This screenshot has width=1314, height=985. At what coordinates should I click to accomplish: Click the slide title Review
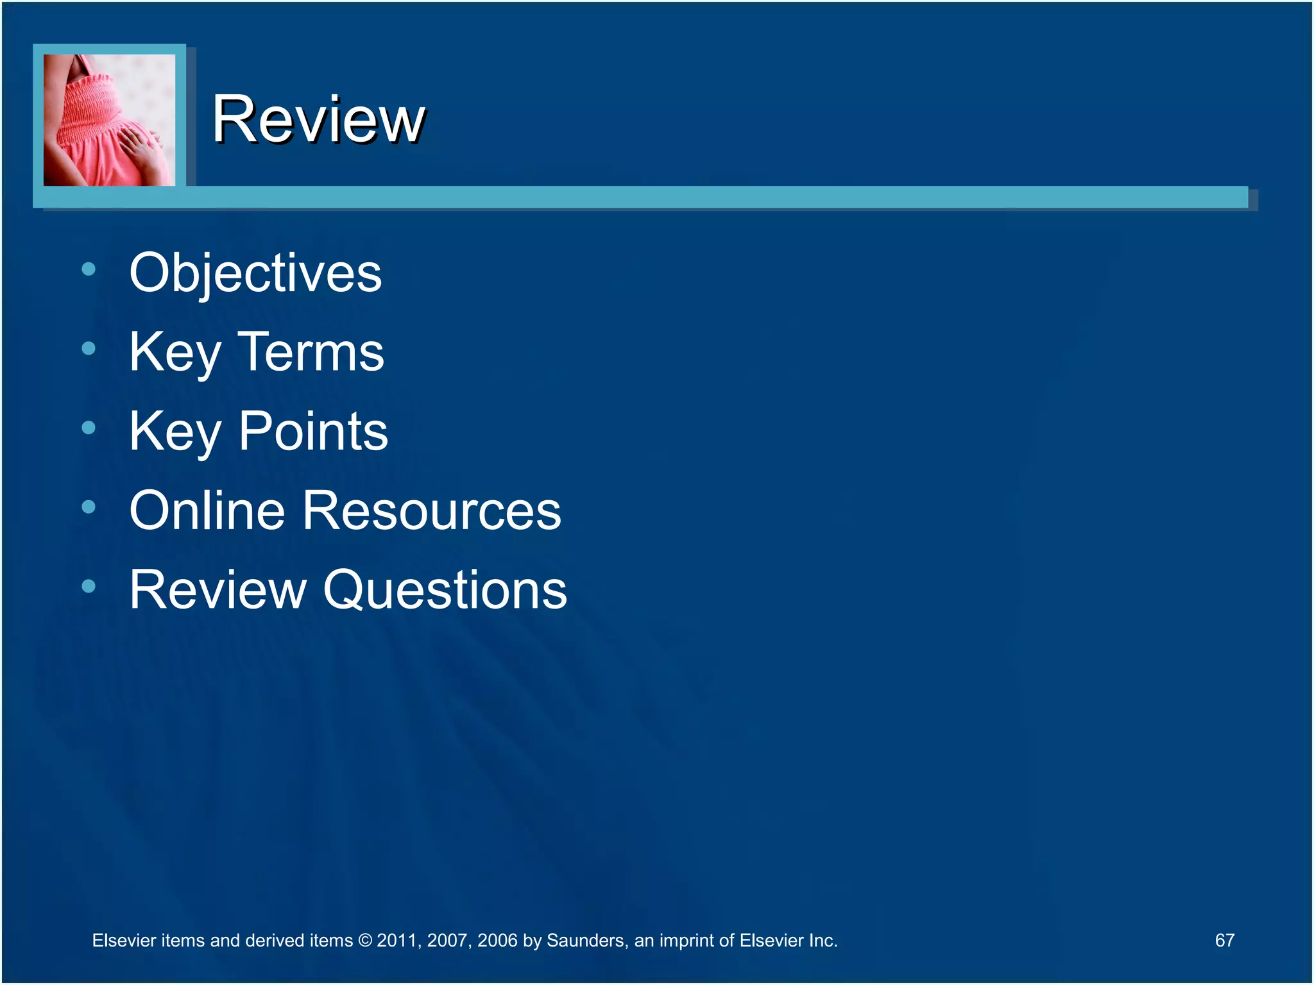tap(318, 119)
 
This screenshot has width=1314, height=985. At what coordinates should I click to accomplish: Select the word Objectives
tap(255, 273)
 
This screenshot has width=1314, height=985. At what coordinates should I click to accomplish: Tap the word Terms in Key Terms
tap(311, 352)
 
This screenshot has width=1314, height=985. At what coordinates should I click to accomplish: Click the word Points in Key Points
tap(313, 431)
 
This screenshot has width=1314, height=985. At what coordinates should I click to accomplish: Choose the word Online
tap(207, 510)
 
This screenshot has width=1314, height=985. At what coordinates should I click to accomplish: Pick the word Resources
tap(432, 510)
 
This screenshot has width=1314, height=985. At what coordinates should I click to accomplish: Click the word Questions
tap(445, 589)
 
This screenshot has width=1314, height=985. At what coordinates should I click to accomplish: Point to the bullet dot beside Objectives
tap(89, 269)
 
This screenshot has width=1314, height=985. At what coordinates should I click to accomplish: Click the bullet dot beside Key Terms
tap(89, 349)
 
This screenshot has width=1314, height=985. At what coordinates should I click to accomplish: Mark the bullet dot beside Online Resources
tap(89, 507)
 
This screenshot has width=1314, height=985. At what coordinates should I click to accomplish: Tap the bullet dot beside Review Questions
tap(89, 586)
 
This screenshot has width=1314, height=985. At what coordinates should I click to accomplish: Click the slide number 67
tap(1224, 940)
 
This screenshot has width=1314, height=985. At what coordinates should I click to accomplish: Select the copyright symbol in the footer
tap(364, 941)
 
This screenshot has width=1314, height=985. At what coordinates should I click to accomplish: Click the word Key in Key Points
tap(175, 432)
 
